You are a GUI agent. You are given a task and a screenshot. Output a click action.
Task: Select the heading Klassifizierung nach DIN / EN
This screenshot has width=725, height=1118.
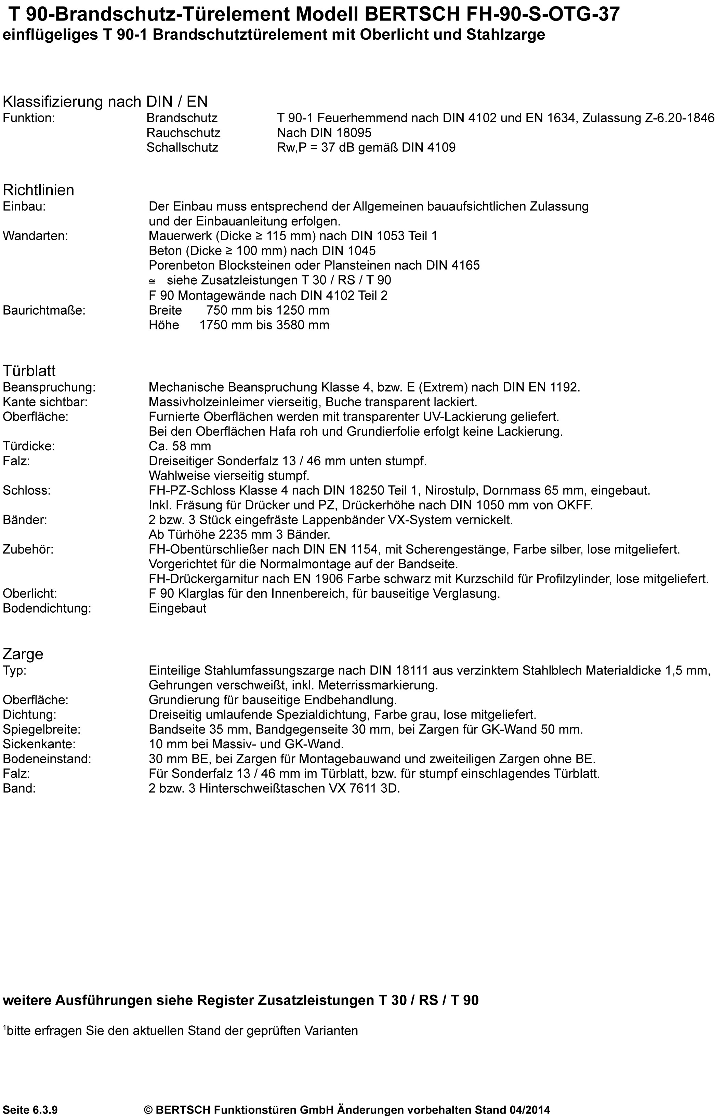pos(105,101)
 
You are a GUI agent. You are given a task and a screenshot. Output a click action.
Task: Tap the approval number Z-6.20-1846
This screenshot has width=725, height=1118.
pos(678,118)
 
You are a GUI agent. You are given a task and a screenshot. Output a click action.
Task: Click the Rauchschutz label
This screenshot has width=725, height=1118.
pos(183,133)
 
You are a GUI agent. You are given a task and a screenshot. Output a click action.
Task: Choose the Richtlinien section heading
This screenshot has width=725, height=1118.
pos(39,190)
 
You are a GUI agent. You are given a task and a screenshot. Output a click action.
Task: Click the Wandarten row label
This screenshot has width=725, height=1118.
pos(35,236)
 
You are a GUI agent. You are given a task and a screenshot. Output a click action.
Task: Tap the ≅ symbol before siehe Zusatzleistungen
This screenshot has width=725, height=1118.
pos(152,281)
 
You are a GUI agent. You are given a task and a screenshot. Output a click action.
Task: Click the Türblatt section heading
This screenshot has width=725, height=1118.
pos(29,371)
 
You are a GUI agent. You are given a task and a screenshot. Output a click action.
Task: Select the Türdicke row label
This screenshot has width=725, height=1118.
pos(29,446)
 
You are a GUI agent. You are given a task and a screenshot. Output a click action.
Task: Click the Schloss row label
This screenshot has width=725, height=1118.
pos(26,490)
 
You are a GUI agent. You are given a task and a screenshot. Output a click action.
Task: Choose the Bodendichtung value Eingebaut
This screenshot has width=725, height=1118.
pos(177,608)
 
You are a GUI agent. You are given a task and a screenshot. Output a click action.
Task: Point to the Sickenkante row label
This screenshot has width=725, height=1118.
pos(39,744)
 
